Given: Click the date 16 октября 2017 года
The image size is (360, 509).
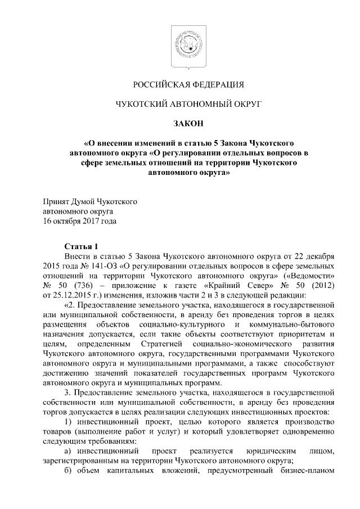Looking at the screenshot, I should pos(80,221).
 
